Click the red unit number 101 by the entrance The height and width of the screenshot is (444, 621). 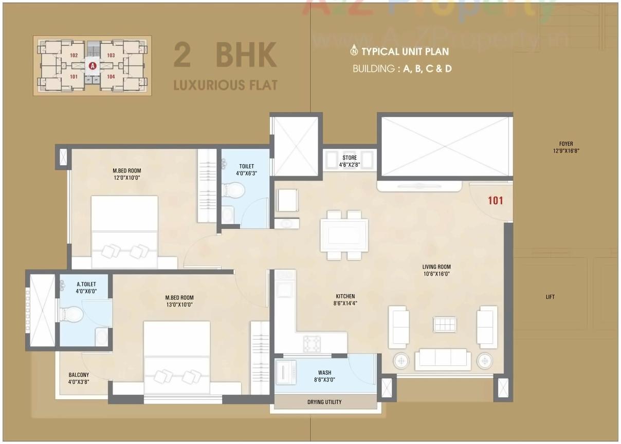[x=495, y=201]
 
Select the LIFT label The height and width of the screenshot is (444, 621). [x=550, y=297]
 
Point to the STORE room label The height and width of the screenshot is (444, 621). [x=350, y=158]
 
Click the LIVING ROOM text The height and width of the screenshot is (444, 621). [x=436, y=266]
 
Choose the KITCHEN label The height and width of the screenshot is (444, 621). [x=345, y=297]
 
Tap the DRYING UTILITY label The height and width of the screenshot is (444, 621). [x=324, y=402]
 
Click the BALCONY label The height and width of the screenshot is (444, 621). [x=79, y=375]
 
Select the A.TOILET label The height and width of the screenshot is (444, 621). [x=84, y=283]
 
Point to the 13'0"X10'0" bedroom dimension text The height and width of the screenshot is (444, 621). [x=179, y=305]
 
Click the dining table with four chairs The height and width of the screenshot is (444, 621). [x=344, y=235]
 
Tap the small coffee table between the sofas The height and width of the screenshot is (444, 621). [x=444, y=324]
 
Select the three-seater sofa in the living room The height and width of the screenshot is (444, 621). [x=442, y=359]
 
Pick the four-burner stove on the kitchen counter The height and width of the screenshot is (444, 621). [x=312, y=343]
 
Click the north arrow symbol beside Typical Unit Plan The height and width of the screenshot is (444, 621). [x=354, y=51]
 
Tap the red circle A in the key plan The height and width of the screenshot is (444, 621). [x=93, y=66]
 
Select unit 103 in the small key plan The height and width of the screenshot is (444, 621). [x=111, y=55]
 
